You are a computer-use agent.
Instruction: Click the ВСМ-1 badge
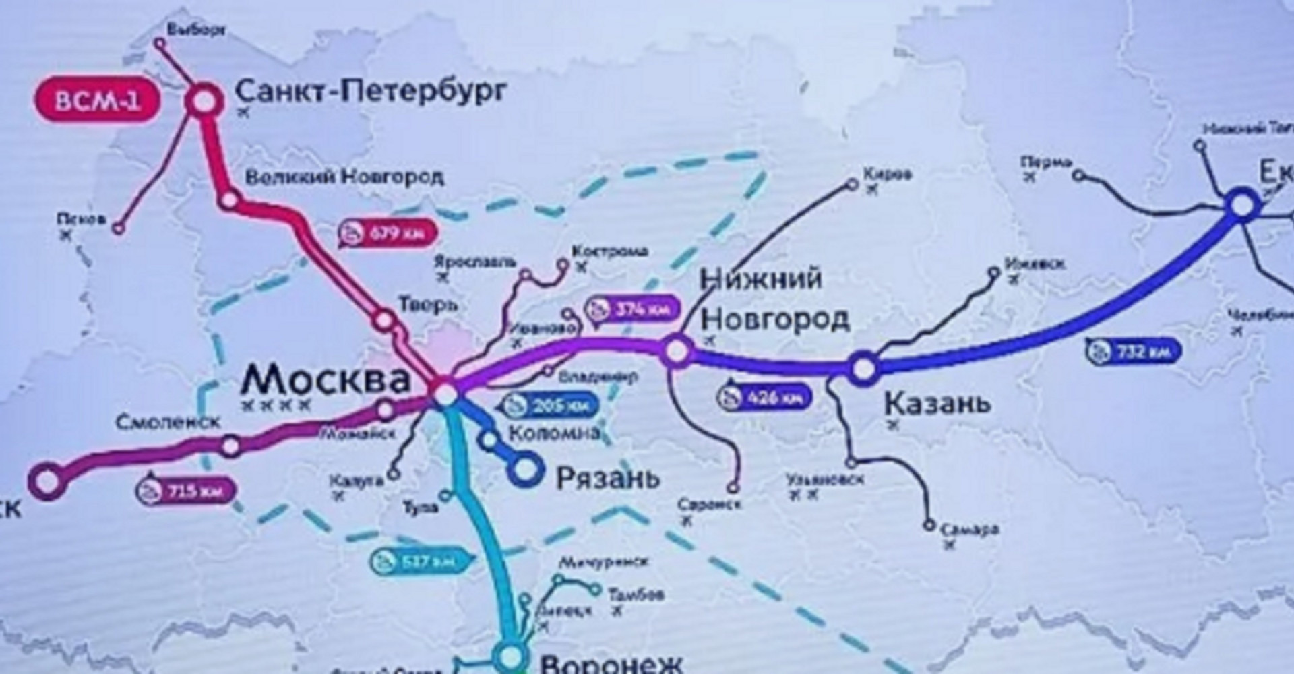[x=98, y=102]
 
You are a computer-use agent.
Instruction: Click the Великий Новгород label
[x=344, y=178]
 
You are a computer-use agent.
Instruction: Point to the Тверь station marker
[x=384, y=320]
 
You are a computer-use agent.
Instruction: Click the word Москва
[x=326, y=379]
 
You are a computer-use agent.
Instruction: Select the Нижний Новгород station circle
[x=677, y=351]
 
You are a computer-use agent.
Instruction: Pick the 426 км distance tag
[x=765, y=398]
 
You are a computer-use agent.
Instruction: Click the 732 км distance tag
[x=1134, y=351]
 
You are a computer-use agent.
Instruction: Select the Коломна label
[x=553, y=433]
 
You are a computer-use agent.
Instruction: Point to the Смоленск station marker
[x=230, y=446]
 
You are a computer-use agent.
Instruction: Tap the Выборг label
[x=196, y=30]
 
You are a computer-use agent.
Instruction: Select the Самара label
[x=969, y=529]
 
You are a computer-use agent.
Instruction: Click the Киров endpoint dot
[x=852, y=183]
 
